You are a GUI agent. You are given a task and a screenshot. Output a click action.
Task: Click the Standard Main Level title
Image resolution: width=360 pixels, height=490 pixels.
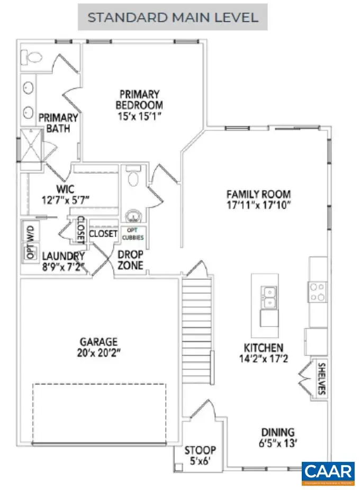tap(173, 17)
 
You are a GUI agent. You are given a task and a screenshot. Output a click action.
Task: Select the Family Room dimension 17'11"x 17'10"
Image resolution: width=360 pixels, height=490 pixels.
tap(258, 204)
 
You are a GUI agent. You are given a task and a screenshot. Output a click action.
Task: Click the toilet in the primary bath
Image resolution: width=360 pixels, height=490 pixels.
tap(33, 56)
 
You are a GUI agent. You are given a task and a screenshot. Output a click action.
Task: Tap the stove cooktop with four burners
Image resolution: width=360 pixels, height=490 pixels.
tap(318, 292)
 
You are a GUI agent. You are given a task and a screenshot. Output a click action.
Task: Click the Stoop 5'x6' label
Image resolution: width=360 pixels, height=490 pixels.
tap(200, 456)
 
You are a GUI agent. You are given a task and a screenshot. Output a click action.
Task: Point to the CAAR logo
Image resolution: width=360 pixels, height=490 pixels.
tap(328, 473)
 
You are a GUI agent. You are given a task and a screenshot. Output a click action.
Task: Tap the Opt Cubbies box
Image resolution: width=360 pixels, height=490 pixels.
tap(133, 234)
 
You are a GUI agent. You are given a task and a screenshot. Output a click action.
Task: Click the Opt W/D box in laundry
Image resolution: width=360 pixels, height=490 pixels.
tap(28, 242)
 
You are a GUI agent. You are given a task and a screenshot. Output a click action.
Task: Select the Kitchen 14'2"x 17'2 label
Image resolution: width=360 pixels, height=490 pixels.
tap(263, 353)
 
